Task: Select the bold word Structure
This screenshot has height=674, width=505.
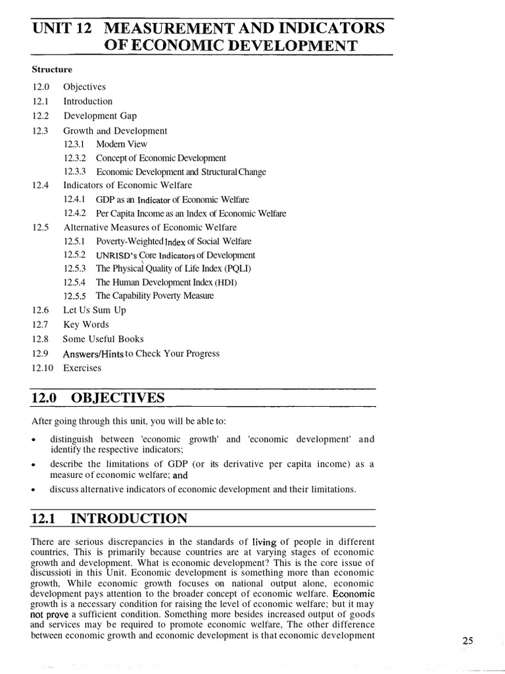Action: coord(52,69)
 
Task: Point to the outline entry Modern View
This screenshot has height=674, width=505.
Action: coord(122,144)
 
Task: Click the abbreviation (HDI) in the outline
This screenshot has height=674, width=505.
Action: coord(224,282)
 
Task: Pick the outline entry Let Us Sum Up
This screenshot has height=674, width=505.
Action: coord(94,310)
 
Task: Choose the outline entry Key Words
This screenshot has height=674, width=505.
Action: coord(86,324)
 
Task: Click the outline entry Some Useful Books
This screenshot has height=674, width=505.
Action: coord(103,339)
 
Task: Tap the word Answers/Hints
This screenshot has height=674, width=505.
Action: coord(94,353)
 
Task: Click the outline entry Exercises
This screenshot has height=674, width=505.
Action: coord(82,368)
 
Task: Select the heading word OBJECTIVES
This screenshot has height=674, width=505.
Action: coord(118,398)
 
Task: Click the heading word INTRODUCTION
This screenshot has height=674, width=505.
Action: coord(129,519)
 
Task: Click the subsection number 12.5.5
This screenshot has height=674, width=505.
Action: coord(75,296)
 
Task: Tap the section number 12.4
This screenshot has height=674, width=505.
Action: coord(40,185)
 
